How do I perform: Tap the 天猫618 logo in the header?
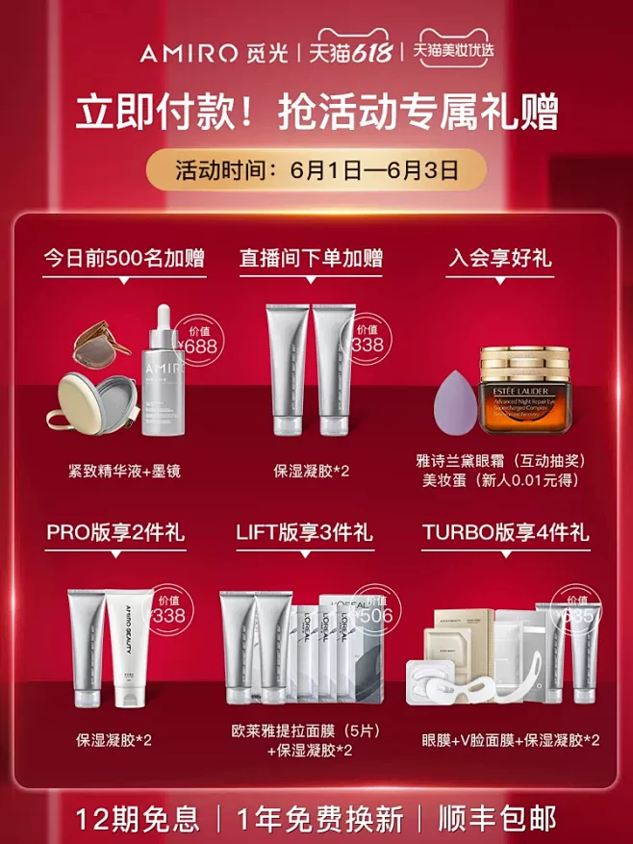tap(353, 53)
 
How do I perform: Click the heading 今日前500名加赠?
tap(124, 258)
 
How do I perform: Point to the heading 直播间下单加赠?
tap(311, 258)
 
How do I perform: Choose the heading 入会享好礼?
tap(500, 258)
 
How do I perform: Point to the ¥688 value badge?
tap(200, 340)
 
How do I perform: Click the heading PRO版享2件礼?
tap(116, 532)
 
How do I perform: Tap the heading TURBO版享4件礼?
tap(505, 532)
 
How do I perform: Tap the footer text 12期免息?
tap(139, 819)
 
